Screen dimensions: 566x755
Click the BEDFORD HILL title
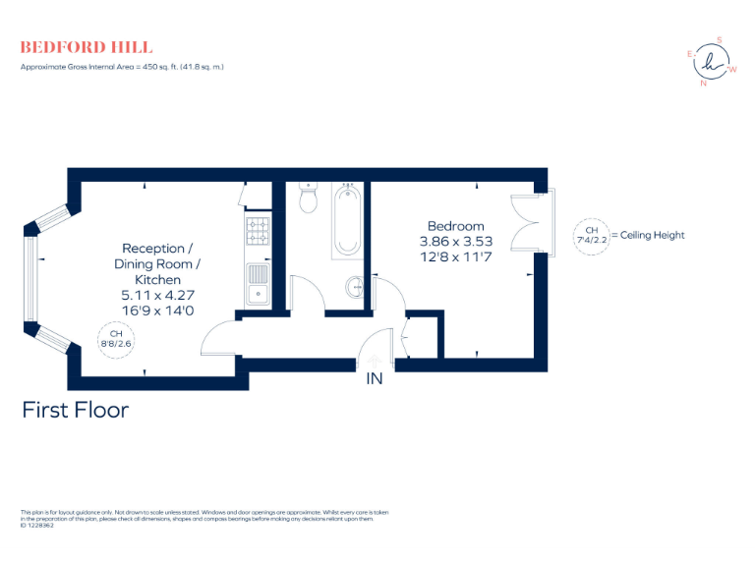point(87,47)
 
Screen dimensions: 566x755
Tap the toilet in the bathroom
point(308,199)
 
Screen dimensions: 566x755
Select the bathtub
point(347,220)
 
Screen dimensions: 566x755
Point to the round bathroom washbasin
point(355,288)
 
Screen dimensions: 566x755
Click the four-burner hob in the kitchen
point(258,231)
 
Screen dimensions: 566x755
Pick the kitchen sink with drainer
point(258,284)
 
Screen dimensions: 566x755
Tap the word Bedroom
point(456,226)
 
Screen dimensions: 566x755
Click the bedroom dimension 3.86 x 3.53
point(456,241)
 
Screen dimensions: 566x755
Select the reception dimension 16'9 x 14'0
point(157,309)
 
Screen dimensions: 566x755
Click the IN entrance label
point(375,379)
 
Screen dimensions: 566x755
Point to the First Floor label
point(76,410)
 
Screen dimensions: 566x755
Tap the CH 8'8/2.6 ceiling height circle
point(116,339)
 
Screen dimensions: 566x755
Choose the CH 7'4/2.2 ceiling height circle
point(591,236)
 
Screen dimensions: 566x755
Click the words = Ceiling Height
point(648,236)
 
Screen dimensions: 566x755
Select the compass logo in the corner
point(711,62)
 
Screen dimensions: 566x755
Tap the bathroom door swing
point(307,293)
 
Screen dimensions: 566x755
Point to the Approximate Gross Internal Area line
point(123,67)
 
